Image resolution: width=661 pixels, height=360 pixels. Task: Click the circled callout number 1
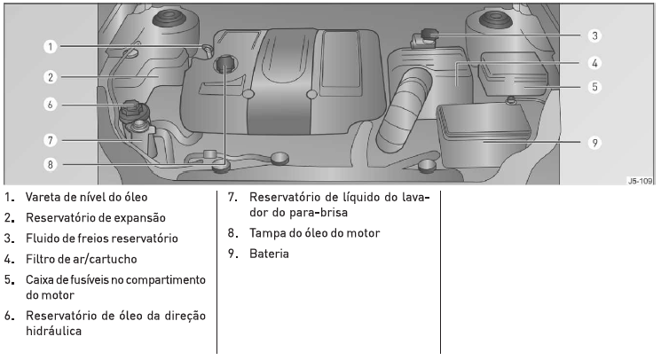click(51, 46)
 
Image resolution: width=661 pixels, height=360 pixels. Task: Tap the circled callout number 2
click(51, 77)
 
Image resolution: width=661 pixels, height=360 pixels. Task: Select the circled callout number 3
click(594, 35)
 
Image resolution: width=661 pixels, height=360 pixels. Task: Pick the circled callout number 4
click(594, 63)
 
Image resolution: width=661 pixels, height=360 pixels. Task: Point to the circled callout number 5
click(594, 87)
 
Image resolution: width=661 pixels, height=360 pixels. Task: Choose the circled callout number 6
click(51, 105)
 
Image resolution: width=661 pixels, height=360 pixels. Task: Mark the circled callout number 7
click(51, 140)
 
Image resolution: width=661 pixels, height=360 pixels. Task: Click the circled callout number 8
click(51, 164)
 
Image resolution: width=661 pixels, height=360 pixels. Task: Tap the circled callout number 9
click(594, 143)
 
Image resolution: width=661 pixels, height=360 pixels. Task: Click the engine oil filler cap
click(224, 65)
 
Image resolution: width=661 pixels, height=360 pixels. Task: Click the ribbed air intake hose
click(403, 110)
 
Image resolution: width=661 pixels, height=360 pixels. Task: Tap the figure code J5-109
click(640, 181)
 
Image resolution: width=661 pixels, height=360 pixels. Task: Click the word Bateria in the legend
click(269, 254)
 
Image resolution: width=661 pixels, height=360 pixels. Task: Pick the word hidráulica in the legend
click(53, 331)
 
